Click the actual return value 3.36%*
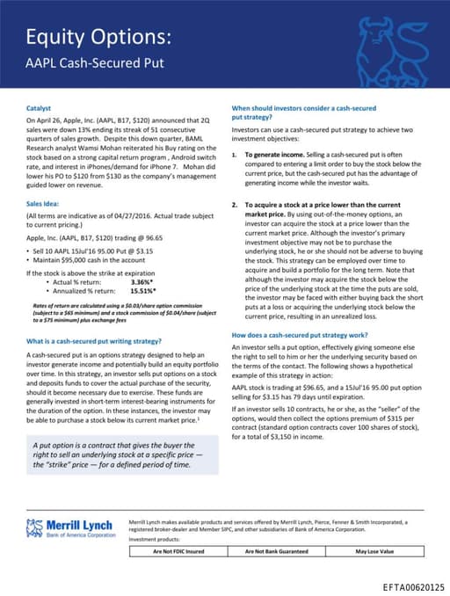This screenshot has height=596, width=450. pyautogui.click(x=142, y=281)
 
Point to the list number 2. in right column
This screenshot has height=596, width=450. pyautogui.click(x=235, y=203)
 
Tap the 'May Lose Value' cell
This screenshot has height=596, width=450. pyautogui.click(x=374, y=551)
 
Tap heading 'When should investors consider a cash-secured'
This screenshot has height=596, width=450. pyautogui.click(x=303, y=108)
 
